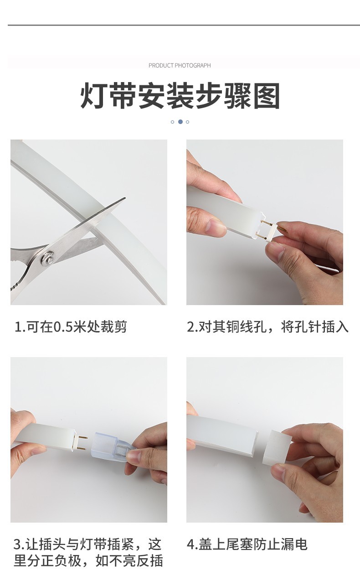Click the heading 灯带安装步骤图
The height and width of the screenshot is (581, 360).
[180, 96]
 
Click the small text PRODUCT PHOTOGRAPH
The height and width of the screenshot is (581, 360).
[180, 65]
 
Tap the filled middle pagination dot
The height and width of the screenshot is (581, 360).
[180, 122]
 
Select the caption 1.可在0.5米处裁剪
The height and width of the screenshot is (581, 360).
[71, 327]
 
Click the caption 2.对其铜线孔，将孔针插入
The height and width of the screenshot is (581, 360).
[267, 327]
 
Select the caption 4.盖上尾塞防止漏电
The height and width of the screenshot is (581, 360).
[247, 544]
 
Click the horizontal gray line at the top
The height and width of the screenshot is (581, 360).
[180, 25]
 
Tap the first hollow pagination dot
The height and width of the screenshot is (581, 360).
[172, 122]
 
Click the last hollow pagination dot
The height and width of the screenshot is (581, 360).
[187, 122]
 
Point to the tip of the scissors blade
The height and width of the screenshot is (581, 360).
[123, 199]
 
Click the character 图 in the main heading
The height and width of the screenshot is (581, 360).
[267, 96]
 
